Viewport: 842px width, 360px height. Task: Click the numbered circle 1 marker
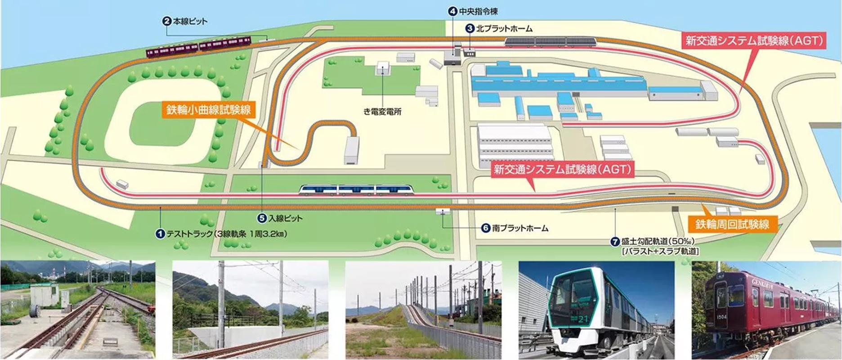(x=159, y=234)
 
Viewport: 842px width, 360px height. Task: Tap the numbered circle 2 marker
(x=167, y=21)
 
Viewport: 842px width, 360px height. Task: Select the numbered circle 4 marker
(x=452, y=11)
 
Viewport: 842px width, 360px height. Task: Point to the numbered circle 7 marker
(x=614, y=242)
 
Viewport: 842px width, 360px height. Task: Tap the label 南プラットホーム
(x=520, y=228)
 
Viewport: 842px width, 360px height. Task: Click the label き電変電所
(x=382, y=111)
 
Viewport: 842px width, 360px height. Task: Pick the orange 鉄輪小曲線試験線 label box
(x=208, y=110)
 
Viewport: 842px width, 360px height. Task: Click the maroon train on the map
(x=198, y=47)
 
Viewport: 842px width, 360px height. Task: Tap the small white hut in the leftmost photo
(x=43, y=295)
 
